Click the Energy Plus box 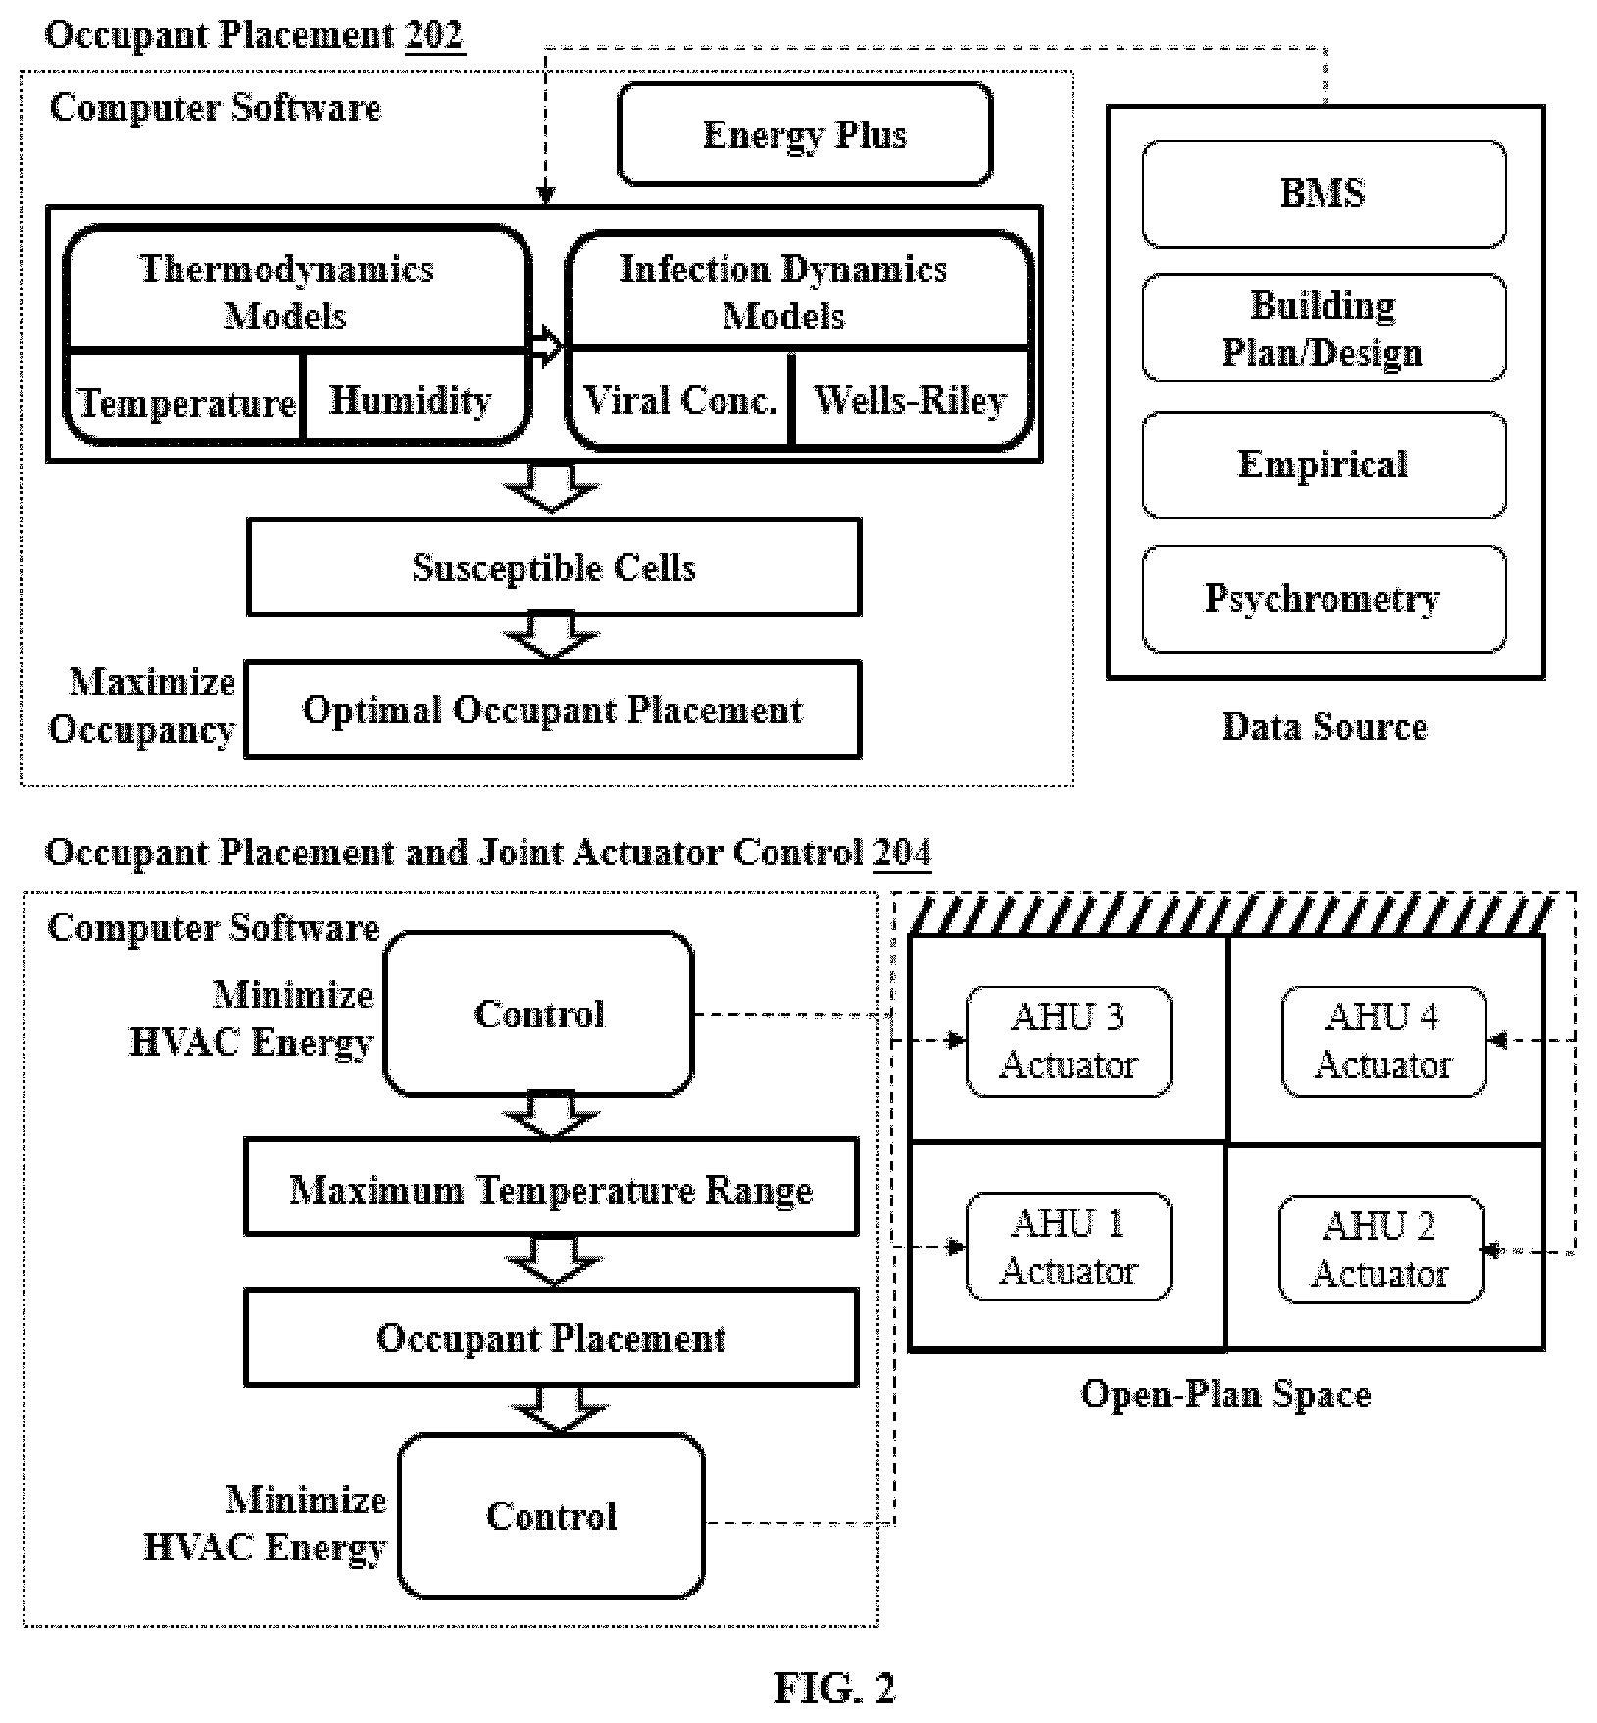point(805,134)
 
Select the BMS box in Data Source point(1323,193)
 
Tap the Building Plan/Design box point(1323,327)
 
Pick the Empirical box point(1323,465)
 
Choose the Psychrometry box point(1323,598)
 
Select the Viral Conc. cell point(679,400)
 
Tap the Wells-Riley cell point(911,400)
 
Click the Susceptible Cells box point(554,567)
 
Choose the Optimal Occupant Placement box point(553,710)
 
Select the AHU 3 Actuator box point(1069,1041)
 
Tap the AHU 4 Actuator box point(1383,1041)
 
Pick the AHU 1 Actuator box point(1069,1247)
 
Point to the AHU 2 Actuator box point(1380,1249)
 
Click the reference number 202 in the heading point(434,35)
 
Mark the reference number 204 point(902,853)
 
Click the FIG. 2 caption point(834,1687)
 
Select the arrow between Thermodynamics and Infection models point(547,348)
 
